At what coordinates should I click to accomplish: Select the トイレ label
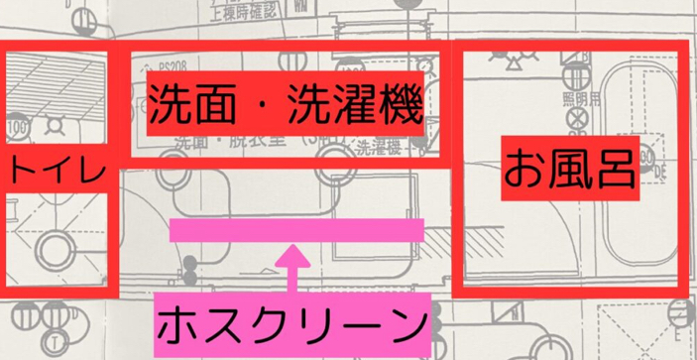[x=54, y=172]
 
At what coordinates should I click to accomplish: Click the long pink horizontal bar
[x=296, y=231]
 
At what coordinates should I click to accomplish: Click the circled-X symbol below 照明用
[x=576, y=125]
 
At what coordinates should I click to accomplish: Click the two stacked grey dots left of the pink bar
[x=188, y=268]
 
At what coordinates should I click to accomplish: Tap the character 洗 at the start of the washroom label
[x=171, y=102]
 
